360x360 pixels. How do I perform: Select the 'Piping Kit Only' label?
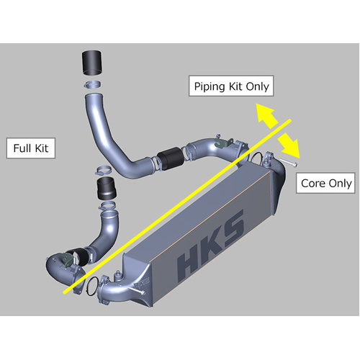(x=231, y=86)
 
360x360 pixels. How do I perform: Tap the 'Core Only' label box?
(x=326, y=184)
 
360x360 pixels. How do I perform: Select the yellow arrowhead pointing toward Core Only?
(x=292, y=147)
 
